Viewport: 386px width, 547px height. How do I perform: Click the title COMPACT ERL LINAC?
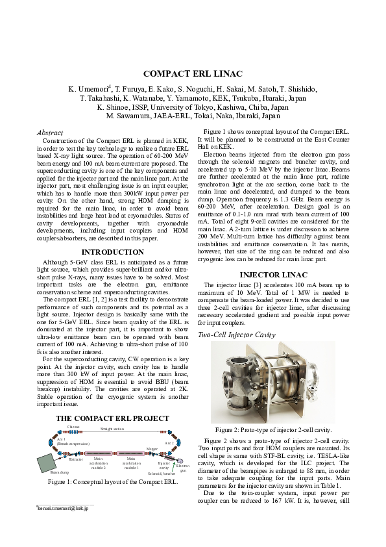coord(193,73)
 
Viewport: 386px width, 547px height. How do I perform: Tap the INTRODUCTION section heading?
coord(112,252)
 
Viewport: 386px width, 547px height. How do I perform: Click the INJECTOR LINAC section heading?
coord(274,292)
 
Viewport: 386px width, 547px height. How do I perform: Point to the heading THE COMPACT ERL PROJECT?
coord(112,418)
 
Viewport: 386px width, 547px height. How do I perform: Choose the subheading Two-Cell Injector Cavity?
coord(236,335)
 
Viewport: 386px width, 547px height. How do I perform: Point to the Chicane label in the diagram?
coord(73,427)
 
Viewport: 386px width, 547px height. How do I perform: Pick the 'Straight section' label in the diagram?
coord(112,429)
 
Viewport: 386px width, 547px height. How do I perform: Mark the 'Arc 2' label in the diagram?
coord(168,442)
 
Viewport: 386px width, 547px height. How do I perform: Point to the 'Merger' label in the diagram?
coord(152,448)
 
